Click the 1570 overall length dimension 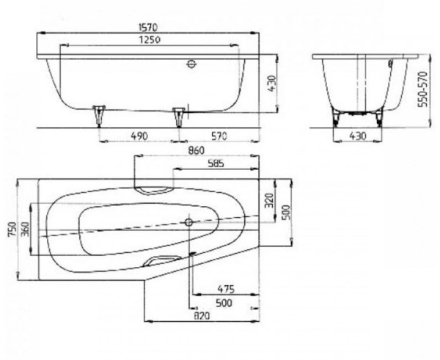(148, 27)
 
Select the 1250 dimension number (150, 40)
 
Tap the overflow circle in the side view (191, 65)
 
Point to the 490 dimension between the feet (139, 136)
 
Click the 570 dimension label (219, 136)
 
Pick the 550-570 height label (422, 89)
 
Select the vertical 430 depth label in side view (271, 84)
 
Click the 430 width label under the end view (358, 136)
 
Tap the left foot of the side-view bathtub (99, 116)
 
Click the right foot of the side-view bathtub (178, 117)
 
